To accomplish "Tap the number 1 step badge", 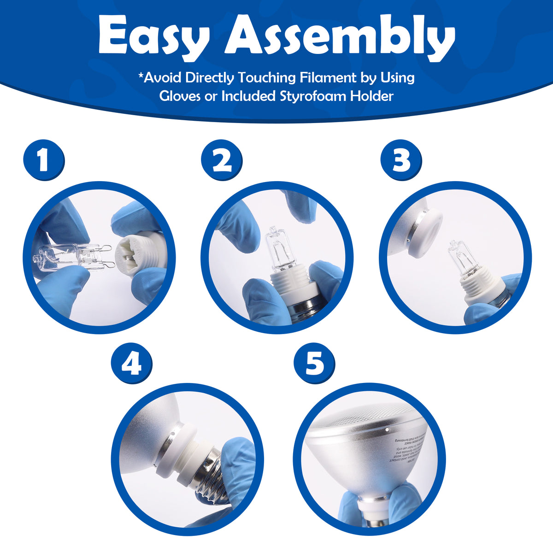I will tap(44, 160).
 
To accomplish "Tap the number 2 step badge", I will tap(222, 160).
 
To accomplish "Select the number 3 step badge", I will tap(401, 160).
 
